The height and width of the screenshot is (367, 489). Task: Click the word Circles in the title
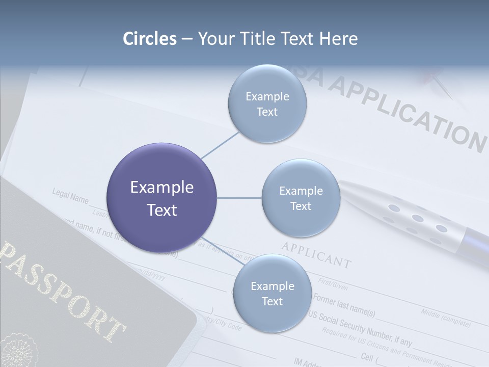tap(150, 39)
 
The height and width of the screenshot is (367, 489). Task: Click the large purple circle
tap(162, 198)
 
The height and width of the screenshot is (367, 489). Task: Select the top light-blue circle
tap(267, 103)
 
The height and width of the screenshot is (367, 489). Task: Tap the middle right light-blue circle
tap(301, 198)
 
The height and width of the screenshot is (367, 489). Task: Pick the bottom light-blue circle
tap(272, 293)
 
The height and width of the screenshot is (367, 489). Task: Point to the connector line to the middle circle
tap(239, 198)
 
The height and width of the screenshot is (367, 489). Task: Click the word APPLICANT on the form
tap(316, 255)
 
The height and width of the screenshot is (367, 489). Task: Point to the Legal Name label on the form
tap(70, 196)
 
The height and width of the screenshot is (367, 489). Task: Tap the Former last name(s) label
tap(344, 305)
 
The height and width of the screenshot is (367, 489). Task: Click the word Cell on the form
tap(367, 355)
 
